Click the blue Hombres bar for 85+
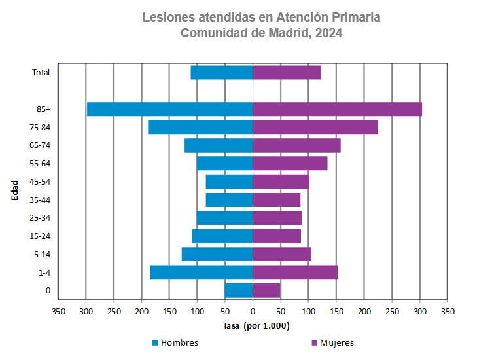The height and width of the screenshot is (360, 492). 170,109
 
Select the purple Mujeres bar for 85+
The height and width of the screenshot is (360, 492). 337,109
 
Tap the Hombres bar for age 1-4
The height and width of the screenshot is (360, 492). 202,272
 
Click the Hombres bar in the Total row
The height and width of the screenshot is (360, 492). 222,73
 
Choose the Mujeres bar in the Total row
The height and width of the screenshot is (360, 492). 287,73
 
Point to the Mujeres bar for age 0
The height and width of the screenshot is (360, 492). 266,291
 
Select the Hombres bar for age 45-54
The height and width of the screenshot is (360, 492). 229,182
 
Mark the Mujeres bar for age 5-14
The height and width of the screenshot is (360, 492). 281,255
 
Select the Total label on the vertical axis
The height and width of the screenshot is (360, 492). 41,73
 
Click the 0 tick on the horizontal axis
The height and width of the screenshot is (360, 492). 253,312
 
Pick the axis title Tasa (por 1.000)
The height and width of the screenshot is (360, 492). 256,326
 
